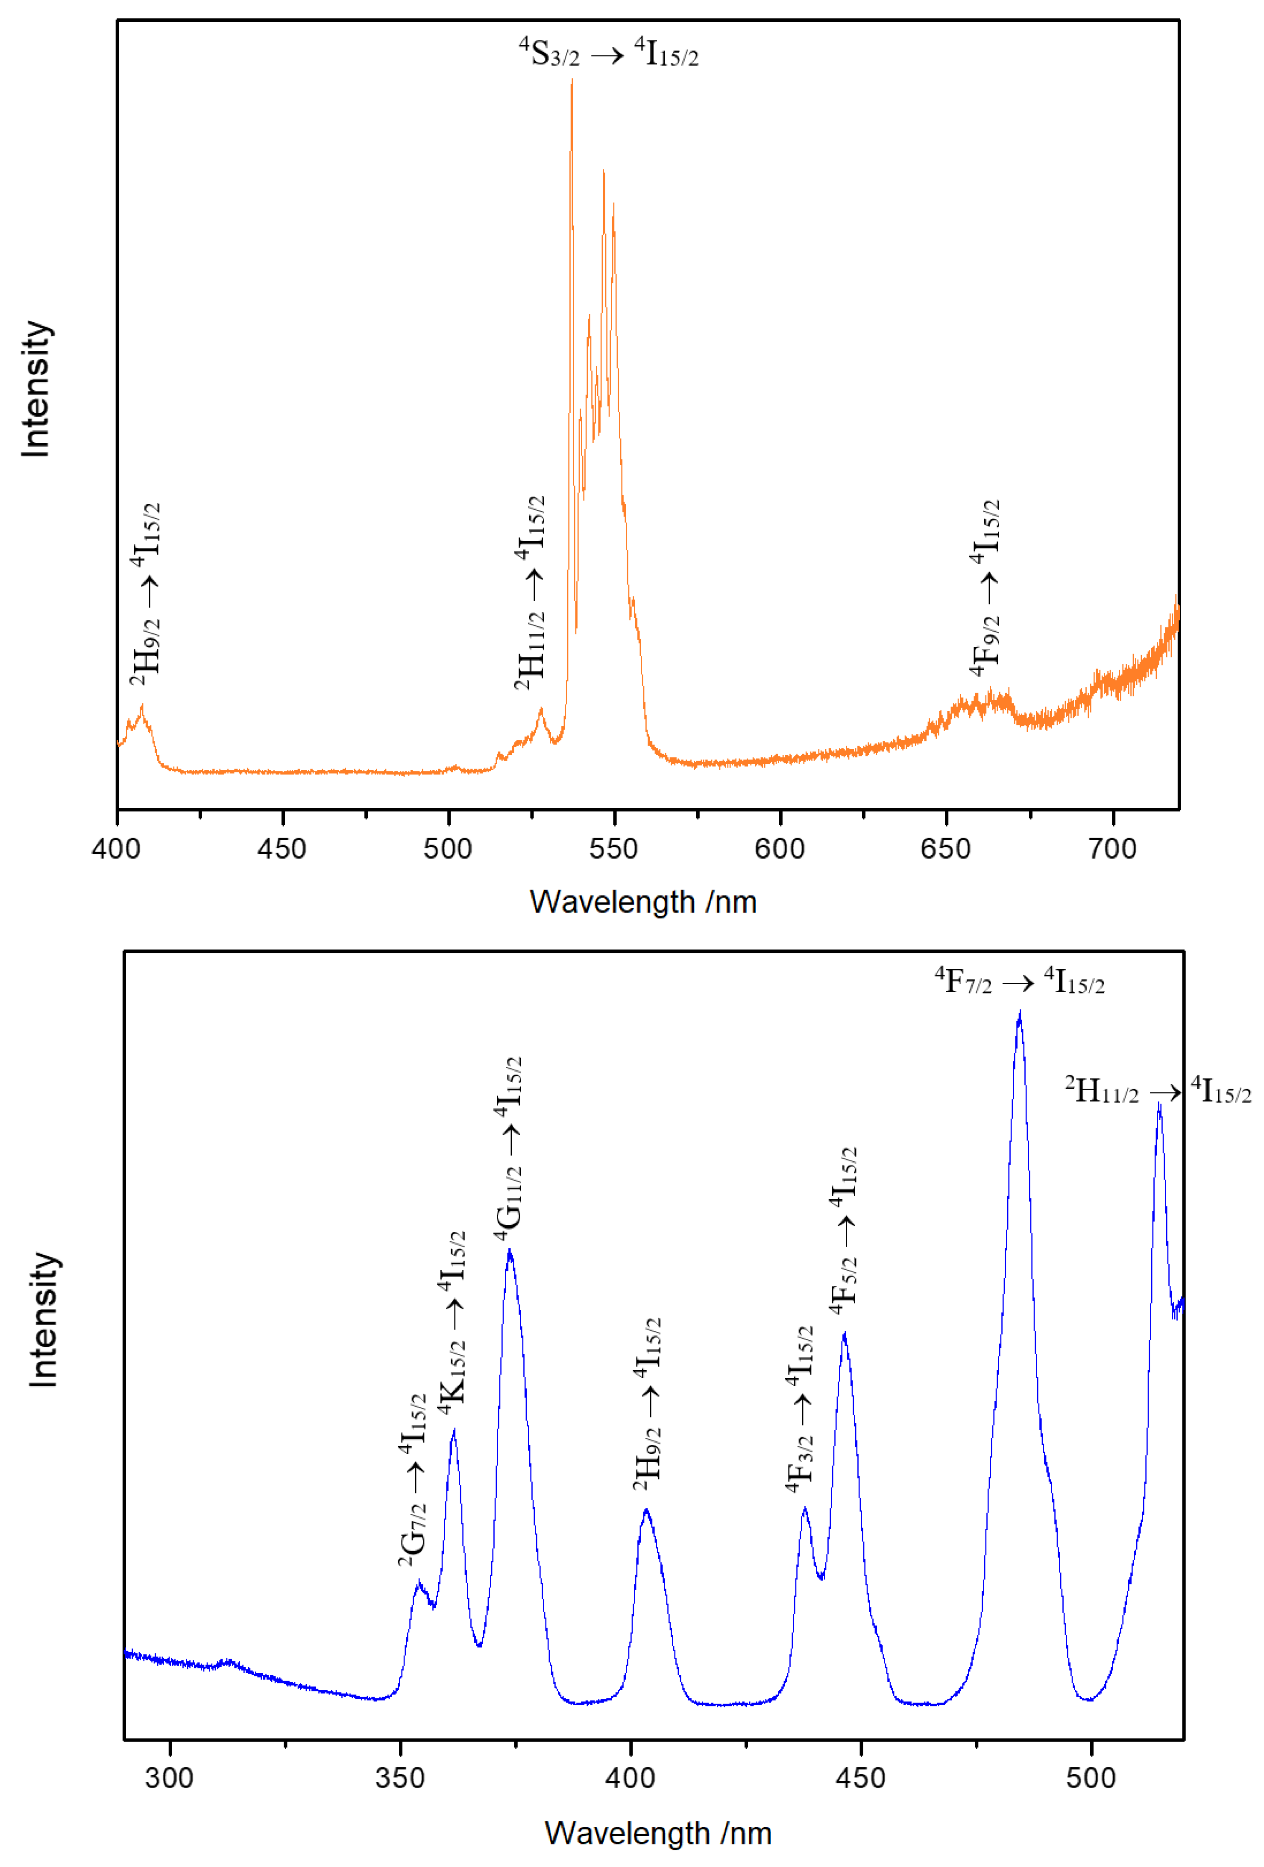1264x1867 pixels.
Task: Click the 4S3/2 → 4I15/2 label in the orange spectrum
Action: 608,53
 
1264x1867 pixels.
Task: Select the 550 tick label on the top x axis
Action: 614,849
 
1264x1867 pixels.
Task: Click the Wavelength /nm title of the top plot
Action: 643,902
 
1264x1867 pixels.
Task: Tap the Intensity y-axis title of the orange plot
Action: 36,390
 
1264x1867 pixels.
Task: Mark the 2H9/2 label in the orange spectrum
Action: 145,594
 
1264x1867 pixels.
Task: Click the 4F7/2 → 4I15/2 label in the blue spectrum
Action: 1019,982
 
